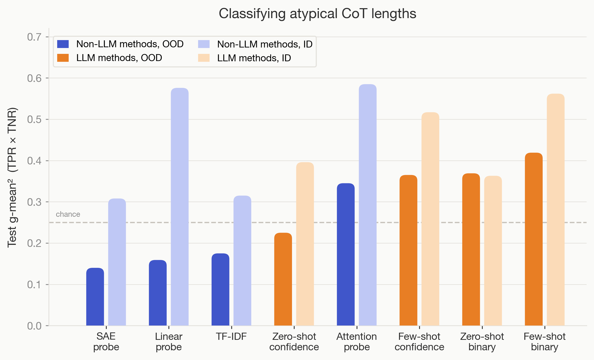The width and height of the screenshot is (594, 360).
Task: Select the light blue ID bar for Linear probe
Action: pyautogui.click(x=179, y=207)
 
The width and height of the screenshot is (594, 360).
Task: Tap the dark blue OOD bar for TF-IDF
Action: pyautogui.click(x=220, y=290)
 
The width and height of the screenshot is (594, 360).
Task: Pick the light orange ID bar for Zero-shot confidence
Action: pyautogui.click(x=305, y=244)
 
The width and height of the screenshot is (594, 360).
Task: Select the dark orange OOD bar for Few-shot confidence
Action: pyautogui.click(x=408, y=250)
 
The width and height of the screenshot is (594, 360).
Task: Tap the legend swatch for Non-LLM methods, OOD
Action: pyautogui.click(x=63, y=44)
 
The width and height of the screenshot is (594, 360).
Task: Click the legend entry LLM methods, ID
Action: pyautogui.click(x=254, y=58)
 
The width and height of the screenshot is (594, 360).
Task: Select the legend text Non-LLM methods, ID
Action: pyautogui.click(x=265, y=44)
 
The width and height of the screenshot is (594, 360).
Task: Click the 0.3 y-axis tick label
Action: pyautogui.click(x=34, y=202)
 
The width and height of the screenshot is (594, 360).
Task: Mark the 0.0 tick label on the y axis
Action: pyautogui.click(x=34, y=326)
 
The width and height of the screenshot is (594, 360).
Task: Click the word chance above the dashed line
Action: pyautogui.click(x=68, y=214)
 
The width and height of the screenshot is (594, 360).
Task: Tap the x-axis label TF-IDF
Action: pyautogui.click(x=231, y=337)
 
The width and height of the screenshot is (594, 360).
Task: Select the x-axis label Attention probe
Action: pyautogui.click(x=357, y=342)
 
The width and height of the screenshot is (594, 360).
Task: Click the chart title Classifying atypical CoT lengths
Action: pyautogui.click(x=317, y=14)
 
